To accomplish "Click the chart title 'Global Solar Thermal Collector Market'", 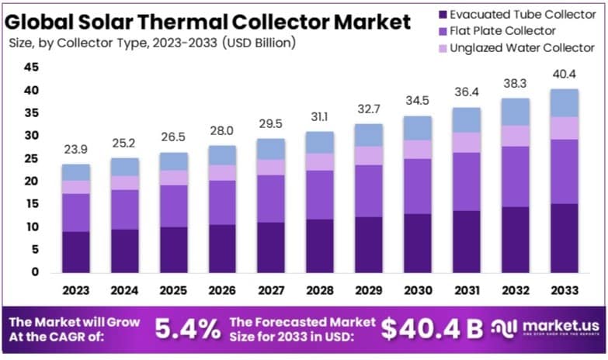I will point(208,20).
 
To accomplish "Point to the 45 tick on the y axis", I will point(31,67).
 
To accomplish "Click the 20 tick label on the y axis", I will point(31,182).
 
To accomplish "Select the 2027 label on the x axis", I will point(271,290).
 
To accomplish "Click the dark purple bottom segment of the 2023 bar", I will point(76,252).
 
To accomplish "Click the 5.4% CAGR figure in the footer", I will point(187,330).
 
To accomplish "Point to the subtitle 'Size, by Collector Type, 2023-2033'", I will point(151,43).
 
